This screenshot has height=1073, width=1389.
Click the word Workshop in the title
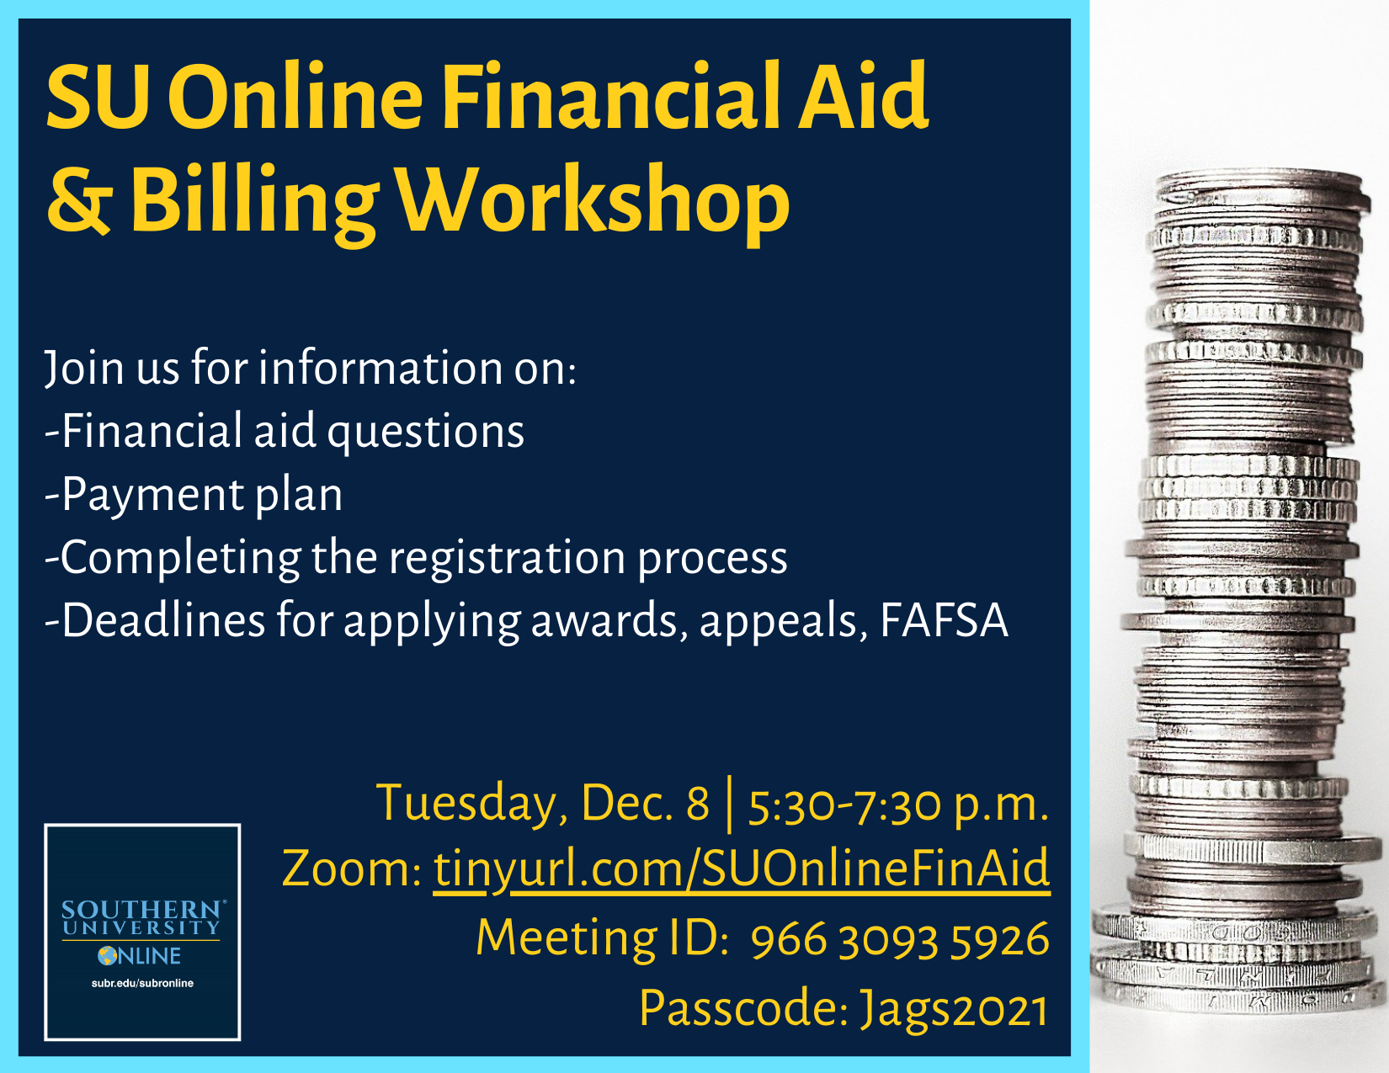[593, 203]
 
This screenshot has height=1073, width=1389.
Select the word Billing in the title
[254, 203]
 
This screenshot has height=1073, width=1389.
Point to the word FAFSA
[945, 620]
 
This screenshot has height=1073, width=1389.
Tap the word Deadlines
[163, 620]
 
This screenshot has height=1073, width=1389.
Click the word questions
[426, 432]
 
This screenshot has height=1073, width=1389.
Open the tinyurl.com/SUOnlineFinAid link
[742, 869]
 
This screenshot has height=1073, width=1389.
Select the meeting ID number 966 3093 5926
[900, 939]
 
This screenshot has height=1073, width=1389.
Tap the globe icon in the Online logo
[108, 956]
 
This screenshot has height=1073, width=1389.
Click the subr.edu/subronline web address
[142, 984]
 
